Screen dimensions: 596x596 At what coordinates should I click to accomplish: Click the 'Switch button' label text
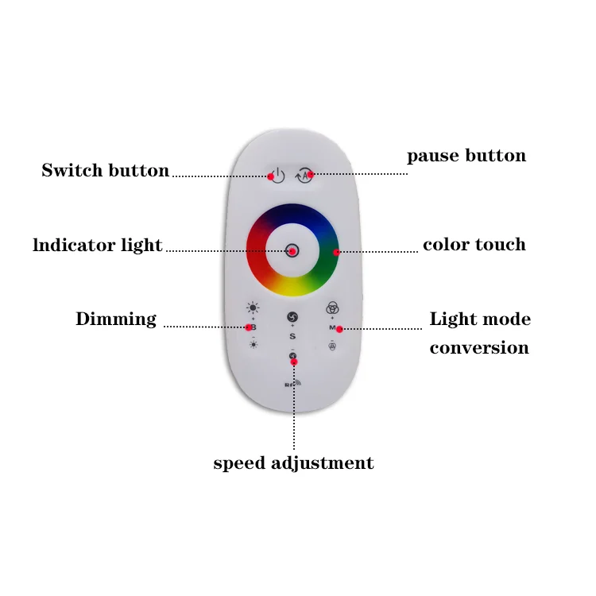tap(105, 171)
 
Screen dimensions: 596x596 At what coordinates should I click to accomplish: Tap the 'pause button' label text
tap(466, 155)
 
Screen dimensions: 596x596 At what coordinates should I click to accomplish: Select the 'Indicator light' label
tap(98, 246)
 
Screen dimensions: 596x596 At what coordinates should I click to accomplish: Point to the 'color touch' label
tap(474, 245)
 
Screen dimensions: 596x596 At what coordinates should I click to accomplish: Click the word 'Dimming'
tap(116, 319)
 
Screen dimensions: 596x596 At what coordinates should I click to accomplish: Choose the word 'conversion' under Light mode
tap(479, 348)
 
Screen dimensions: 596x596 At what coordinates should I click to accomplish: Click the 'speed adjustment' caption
tap(293, 463)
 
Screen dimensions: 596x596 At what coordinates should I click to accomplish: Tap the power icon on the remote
tap(276, 175)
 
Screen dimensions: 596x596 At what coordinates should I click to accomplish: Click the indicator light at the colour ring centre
tap(292, 250)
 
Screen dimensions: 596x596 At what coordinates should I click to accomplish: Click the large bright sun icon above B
tap(253, 308)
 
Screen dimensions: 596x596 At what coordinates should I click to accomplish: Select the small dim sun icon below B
tap(253, 344)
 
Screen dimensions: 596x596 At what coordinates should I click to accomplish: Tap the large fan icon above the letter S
tap(292, 317)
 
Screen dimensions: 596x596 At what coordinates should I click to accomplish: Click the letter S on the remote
tap(292, 337)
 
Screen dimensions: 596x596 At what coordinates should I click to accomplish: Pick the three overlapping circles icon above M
tap(332, 308)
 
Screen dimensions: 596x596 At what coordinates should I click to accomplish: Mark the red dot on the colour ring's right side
tap(336, 252)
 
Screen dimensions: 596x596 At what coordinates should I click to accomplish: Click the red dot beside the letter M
tap(339, 328)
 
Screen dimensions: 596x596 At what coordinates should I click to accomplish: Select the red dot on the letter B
tap(248, 327)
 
